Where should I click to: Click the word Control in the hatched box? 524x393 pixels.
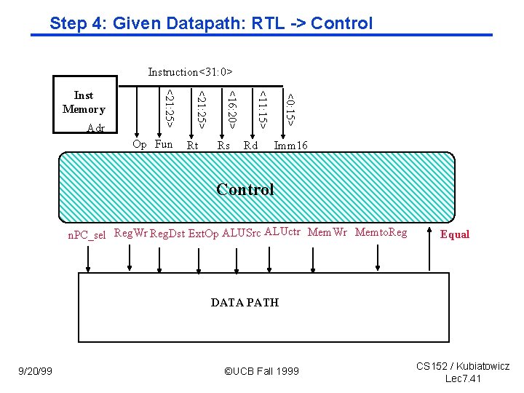(x=245, y=190)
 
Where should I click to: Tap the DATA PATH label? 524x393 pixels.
(x=245, y=302)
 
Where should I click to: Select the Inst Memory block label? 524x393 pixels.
(x=84, y=103)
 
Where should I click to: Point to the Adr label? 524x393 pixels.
(x=95, y=129)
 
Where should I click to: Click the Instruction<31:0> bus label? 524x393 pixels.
(x=190, y=71)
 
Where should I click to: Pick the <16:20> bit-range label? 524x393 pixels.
(x=229, y=108)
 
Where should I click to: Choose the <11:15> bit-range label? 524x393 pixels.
(x=261, y=108)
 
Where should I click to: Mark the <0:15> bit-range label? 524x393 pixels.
(x=290, y=108)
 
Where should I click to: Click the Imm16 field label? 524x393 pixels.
(x=291, y=146)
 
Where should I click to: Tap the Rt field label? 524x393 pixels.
(x=193, y=146)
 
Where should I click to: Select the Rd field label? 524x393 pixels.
(x=250, y=146)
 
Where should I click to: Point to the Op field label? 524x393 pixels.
(x=140, y=144)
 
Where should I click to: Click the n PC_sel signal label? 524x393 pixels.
(x=87, y=234)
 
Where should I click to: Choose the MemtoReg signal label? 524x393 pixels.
(x=381, y=232)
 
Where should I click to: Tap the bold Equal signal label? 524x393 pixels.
(x=455, y=234)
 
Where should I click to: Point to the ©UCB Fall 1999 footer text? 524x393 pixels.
(x=261, y=371)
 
